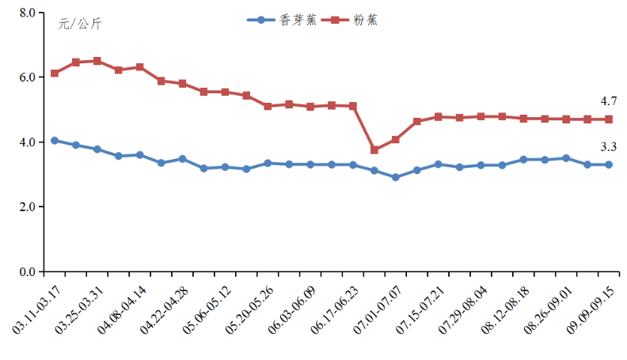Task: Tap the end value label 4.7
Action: tap(608, 101)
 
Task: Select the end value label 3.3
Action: tap(608, 146)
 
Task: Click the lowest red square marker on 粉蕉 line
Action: tap(374, 150)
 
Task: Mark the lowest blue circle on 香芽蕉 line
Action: tap(396, 177)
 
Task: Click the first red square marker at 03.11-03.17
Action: tap(55, 73)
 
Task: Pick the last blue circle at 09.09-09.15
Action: tap(609, 165)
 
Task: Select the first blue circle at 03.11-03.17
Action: tap(55, 140)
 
